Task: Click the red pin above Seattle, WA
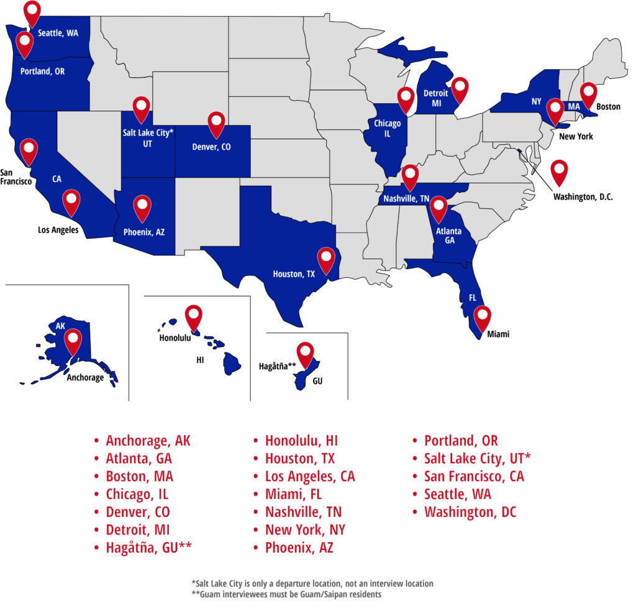pyautogui.click(x=32, y=12)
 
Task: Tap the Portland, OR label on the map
pyautogui.click(x=42, y=71)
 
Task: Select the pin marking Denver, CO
pyautogui.click(x=216, y=122)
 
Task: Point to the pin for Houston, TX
pyautogui.click(x=325, y=258)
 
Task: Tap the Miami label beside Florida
pyautogui.click(x=498, y=334)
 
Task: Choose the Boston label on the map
pyautogui.click(x=608, y=106)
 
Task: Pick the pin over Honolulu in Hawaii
pyautogui.click(x=194, y=316)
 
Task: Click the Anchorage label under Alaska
pyautogui.click(x=85, y=377)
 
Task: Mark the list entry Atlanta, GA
pyautogui.click(x=139, y=459)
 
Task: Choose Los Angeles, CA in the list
pyautogui.click(x=310, y=477)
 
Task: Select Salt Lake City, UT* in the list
pyautogui.click(x=477, y=459)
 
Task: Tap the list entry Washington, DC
pyautogui.click(x=470, y=512)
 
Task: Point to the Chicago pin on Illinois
pyautogui.click(x=406, y=99)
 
